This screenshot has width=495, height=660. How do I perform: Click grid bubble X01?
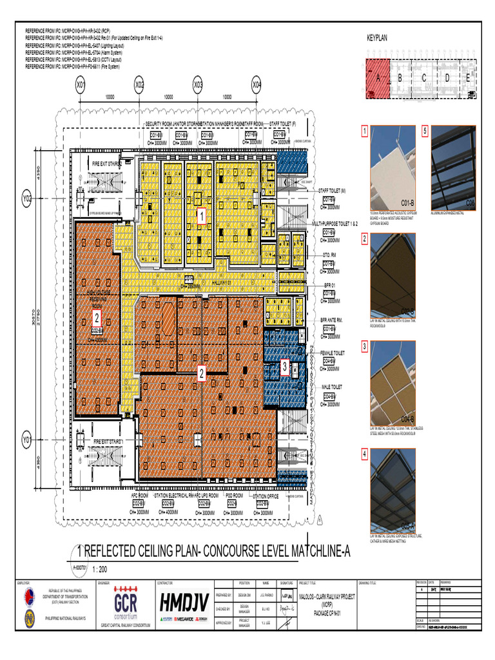[x=81, y=84]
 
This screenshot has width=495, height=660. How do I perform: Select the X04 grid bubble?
[x=257, y=84]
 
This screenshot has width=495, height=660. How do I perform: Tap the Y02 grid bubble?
[x=27, y=200]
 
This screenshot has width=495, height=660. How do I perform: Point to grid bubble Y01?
[x=27, y=441]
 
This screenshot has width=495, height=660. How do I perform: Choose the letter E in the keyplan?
[x=468, y=78]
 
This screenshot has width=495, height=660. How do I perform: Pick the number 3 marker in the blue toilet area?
[x=285, y=367]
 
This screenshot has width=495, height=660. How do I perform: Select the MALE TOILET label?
[x=333, y=387]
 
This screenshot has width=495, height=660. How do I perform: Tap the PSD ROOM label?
[x=233, y=496]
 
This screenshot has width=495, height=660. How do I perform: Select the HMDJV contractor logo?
[x=184, y=603]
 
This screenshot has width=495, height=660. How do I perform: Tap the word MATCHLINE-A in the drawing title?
[x=313, y=552]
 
